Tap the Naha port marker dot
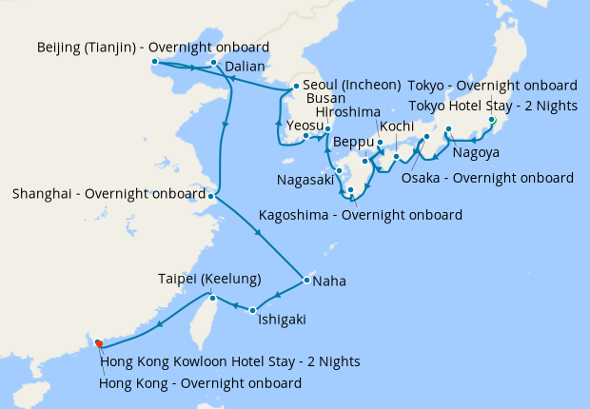[305, 281]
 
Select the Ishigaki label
[282, 321]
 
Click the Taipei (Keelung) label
[209, 279]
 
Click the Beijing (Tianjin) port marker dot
[154, 63]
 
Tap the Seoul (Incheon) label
[351, 85]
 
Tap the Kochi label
[395, 127]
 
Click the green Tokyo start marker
[493, 121]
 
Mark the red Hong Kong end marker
[98, 343]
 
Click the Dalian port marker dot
[215, 63]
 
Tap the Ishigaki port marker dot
[252, 310]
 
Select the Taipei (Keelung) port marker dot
[212, 298]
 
